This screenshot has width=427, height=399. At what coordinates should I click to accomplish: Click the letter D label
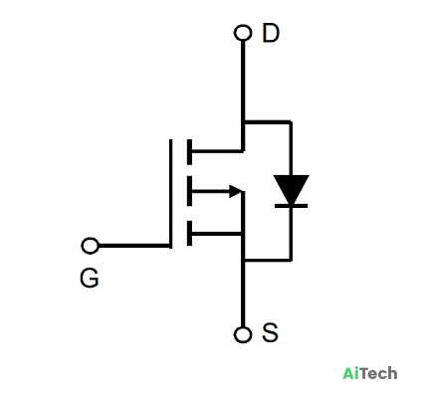271,33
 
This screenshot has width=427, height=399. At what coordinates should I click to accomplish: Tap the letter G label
90,278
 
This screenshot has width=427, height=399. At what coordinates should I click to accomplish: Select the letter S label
270,332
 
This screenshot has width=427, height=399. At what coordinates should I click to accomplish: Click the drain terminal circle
243,33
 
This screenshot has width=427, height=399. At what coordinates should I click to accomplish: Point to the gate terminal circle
90,246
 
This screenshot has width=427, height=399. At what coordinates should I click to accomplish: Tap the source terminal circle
243,334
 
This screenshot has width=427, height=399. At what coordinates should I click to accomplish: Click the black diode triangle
292,189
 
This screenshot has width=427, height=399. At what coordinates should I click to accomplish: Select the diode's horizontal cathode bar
292,206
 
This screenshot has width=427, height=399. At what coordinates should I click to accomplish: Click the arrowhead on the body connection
235,191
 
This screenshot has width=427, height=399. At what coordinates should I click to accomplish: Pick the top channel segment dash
189,152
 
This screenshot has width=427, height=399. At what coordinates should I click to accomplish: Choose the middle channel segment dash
189,191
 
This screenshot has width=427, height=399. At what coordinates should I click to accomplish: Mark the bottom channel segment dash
189,234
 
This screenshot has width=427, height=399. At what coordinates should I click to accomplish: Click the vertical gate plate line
171,194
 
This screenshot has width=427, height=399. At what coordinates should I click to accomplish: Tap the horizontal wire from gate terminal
134,246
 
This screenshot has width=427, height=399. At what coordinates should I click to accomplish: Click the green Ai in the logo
350,373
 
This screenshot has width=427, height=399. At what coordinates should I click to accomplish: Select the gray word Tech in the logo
378,373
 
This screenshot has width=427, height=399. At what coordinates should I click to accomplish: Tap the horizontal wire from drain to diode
268,122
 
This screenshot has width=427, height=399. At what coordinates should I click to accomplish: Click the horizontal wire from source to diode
268,260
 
